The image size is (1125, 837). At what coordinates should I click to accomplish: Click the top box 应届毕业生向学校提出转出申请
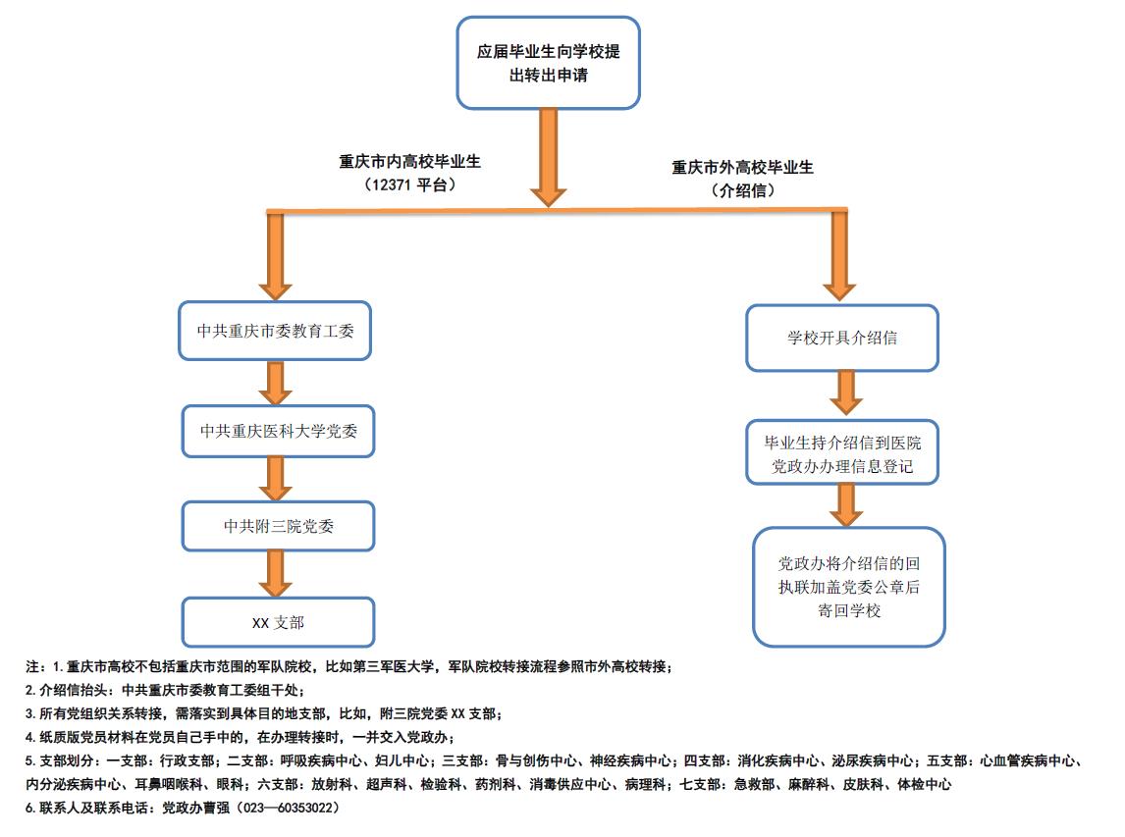[x=548, y=63]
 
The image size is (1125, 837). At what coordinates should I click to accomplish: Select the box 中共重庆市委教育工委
[x=275, y=331]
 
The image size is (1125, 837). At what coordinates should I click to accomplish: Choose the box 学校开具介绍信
[x=841, y=339]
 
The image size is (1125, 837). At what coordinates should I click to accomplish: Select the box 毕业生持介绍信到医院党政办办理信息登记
[x=841, y=450]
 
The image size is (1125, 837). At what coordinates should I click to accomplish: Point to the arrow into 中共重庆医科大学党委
[x=276, y=383]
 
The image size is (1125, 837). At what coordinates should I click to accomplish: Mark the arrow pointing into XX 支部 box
[x=276, y=574]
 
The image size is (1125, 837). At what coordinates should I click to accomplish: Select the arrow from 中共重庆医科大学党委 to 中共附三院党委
[x=276, y=479]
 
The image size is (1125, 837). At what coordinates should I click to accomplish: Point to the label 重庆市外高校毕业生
[x=742, y=168]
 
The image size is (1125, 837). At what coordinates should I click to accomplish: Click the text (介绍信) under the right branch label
[x=742, y=191]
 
